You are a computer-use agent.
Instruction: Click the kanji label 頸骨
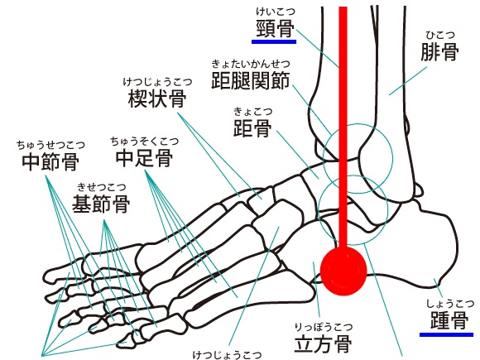tap(275, 28)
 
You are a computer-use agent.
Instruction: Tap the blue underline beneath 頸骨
tap(274, 41)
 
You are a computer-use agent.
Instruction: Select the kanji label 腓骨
tap(439, 52)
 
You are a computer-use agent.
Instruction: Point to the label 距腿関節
tap(251, 80)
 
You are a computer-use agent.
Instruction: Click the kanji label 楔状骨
tap(157, 98)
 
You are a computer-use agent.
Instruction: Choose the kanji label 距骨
tap(252, 128)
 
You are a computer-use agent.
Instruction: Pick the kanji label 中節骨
tap(50, 161)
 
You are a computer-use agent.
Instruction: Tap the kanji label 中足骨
tap(144, 158)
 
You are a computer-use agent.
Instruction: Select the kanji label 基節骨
tap(101, 204)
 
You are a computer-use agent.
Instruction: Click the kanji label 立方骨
tap(323, 343)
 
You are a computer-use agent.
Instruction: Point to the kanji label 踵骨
tap(449, 320)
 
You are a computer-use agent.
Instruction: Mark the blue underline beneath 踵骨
tap(446, 334)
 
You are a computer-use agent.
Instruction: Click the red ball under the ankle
tap(343, 271)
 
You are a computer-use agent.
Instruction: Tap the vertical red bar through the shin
tap(343, 127)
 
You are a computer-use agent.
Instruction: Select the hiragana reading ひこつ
tap(440, 36)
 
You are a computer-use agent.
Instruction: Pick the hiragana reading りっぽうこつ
tap(324, 327)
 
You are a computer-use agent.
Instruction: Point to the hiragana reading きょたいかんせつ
tap(251, 64)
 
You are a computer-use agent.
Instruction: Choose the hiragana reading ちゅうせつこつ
tap(50, 145)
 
